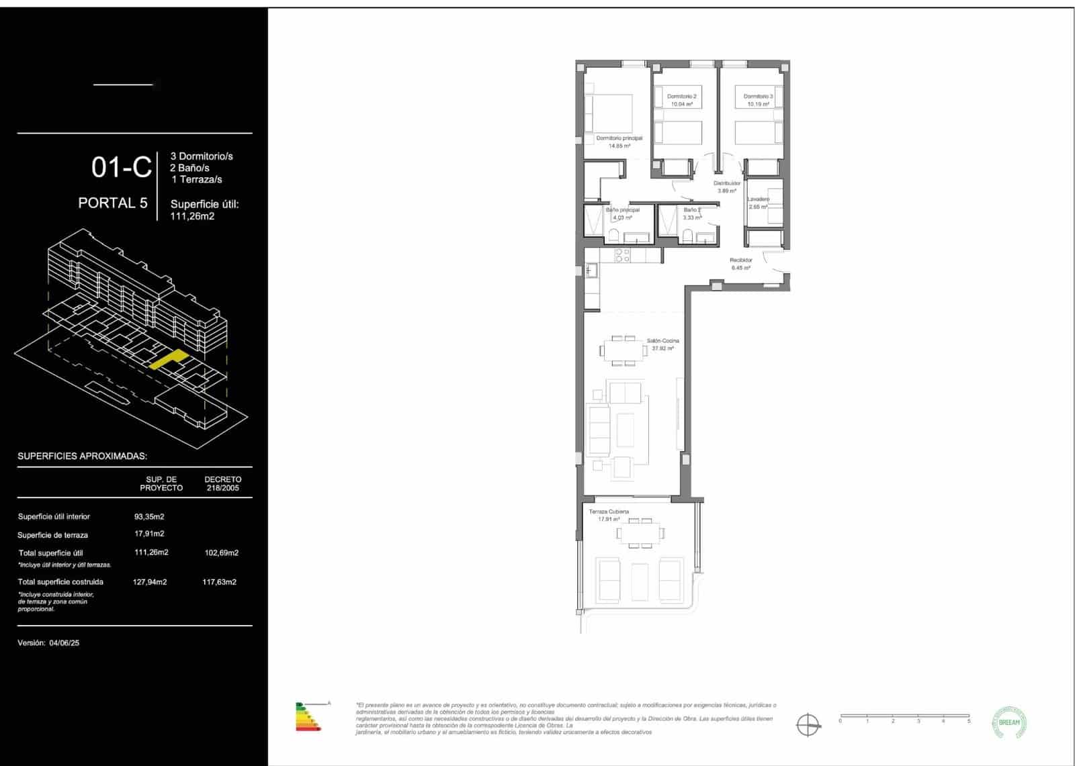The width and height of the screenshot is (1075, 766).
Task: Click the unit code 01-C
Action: (x=122, y=167)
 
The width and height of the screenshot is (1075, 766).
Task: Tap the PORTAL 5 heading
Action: (x=113, y=203)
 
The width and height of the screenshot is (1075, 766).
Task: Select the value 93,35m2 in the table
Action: (x=149, y=516)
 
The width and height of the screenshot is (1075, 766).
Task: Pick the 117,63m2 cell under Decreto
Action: (x=219, y=582)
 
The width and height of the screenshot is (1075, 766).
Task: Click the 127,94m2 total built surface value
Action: (x=150, y=582)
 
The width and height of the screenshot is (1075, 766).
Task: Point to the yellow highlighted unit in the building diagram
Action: (x=168, y=360)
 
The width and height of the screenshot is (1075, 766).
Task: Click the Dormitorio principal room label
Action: (x=619, y=138)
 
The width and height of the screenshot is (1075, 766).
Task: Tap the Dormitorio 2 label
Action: (x=681, y=97)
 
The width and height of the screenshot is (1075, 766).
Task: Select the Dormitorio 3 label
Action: (x=758, y=97)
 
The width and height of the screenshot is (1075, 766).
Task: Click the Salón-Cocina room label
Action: (x=662, y=341)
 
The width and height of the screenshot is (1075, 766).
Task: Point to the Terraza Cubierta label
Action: (x=609, y=512)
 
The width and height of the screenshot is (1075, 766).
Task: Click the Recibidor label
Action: (x=740, y=260)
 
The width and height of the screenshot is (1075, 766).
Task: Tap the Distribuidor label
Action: (x=727, y=183)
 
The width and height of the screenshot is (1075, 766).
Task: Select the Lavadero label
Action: (x=758, y=199)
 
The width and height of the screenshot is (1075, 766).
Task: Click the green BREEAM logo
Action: (x=1009, y=722)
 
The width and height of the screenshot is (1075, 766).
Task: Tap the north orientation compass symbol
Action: (x=808, y=725)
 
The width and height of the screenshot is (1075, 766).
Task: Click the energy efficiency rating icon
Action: (x=309, y=716)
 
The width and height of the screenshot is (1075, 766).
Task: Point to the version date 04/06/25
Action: (x=64, y=642)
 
